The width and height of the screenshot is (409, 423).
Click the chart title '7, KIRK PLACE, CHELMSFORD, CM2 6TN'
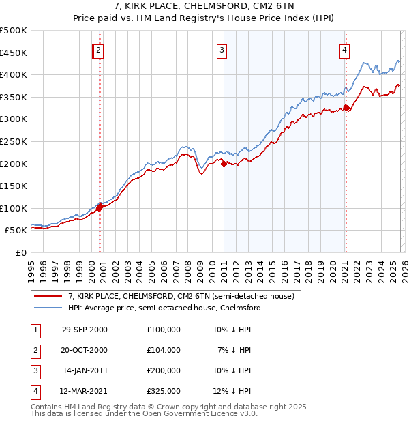point(204,8)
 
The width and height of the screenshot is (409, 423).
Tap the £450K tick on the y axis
point(14,53)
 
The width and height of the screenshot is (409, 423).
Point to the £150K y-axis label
point(14,186)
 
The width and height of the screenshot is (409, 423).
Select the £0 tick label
point(20,252)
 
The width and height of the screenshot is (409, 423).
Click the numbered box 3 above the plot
point(222,49)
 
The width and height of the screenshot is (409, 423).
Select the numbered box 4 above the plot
point(345,49)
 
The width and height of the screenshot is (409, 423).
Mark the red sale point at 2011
point(224,163)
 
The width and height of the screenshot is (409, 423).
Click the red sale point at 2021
point(346,107)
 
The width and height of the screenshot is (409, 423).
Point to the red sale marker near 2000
point(100,207)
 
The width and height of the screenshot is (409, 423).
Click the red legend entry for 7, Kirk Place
point(181,296)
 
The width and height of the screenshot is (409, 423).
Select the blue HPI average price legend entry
point(164,308)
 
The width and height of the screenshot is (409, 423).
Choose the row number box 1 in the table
point(33,329)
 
